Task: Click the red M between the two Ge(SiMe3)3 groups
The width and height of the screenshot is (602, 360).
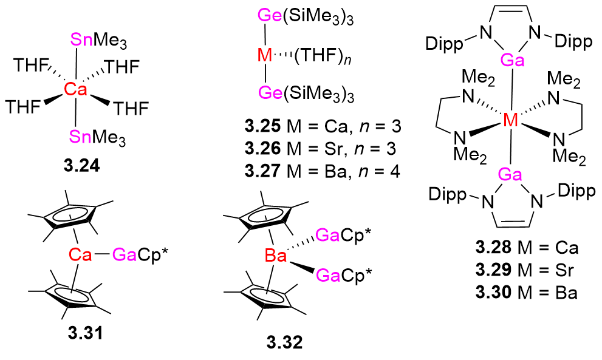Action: tap(265, 56)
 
